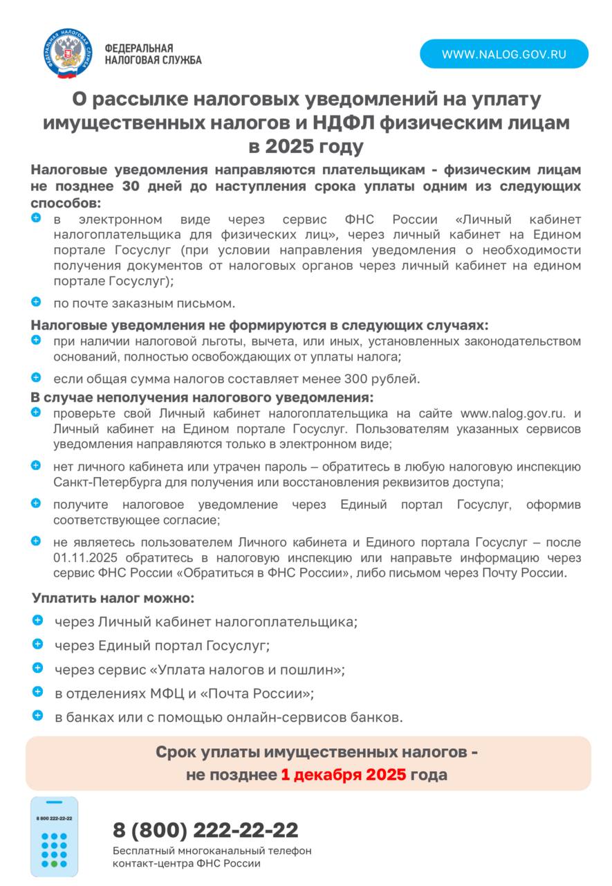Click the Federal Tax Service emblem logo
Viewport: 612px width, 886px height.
[x=68, y=53]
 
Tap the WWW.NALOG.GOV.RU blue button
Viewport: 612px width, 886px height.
[x=504, y=53]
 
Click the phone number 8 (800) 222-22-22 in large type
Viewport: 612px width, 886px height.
[x=205, y=829]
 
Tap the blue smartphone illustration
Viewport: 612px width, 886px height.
[x=54, y=836]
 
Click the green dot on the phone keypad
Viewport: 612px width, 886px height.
[x=54, y=864]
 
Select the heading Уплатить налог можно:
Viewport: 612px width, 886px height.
[x=113, y=597]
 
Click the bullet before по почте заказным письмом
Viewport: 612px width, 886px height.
[x=37, y=302]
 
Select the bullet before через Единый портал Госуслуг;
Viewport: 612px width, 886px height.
[x=37, y=644]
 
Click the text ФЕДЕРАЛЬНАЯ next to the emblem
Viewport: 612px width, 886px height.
[x=139, y=48]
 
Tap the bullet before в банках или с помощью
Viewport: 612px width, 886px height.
[x=37, y=716]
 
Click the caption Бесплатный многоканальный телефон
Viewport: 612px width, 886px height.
[x=212, y=851]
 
